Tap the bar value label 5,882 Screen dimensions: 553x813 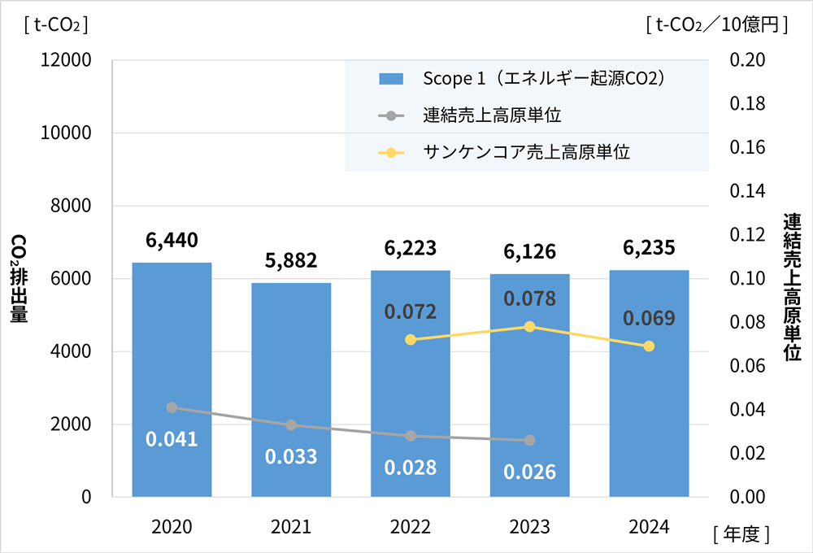(x=291, y=260)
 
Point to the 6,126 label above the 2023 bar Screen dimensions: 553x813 (x=529, y=251)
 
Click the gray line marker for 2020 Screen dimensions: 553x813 (x=172, y=407)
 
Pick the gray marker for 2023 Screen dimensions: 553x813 (x=529, y=440)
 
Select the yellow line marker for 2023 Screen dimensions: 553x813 (x=529, y=327)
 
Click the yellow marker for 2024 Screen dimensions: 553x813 (x=649, y=346)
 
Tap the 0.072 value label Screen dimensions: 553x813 (x=411, y=311)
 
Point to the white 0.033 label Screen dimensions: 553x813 (x=291, y=456)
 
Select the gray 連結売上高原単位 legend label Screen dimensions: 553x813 (x=493, y=115)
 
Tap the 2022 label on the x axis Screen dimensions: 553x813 (x=411, y=527)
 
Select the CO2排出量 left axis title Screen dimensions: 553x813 (x=18, y=278)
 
